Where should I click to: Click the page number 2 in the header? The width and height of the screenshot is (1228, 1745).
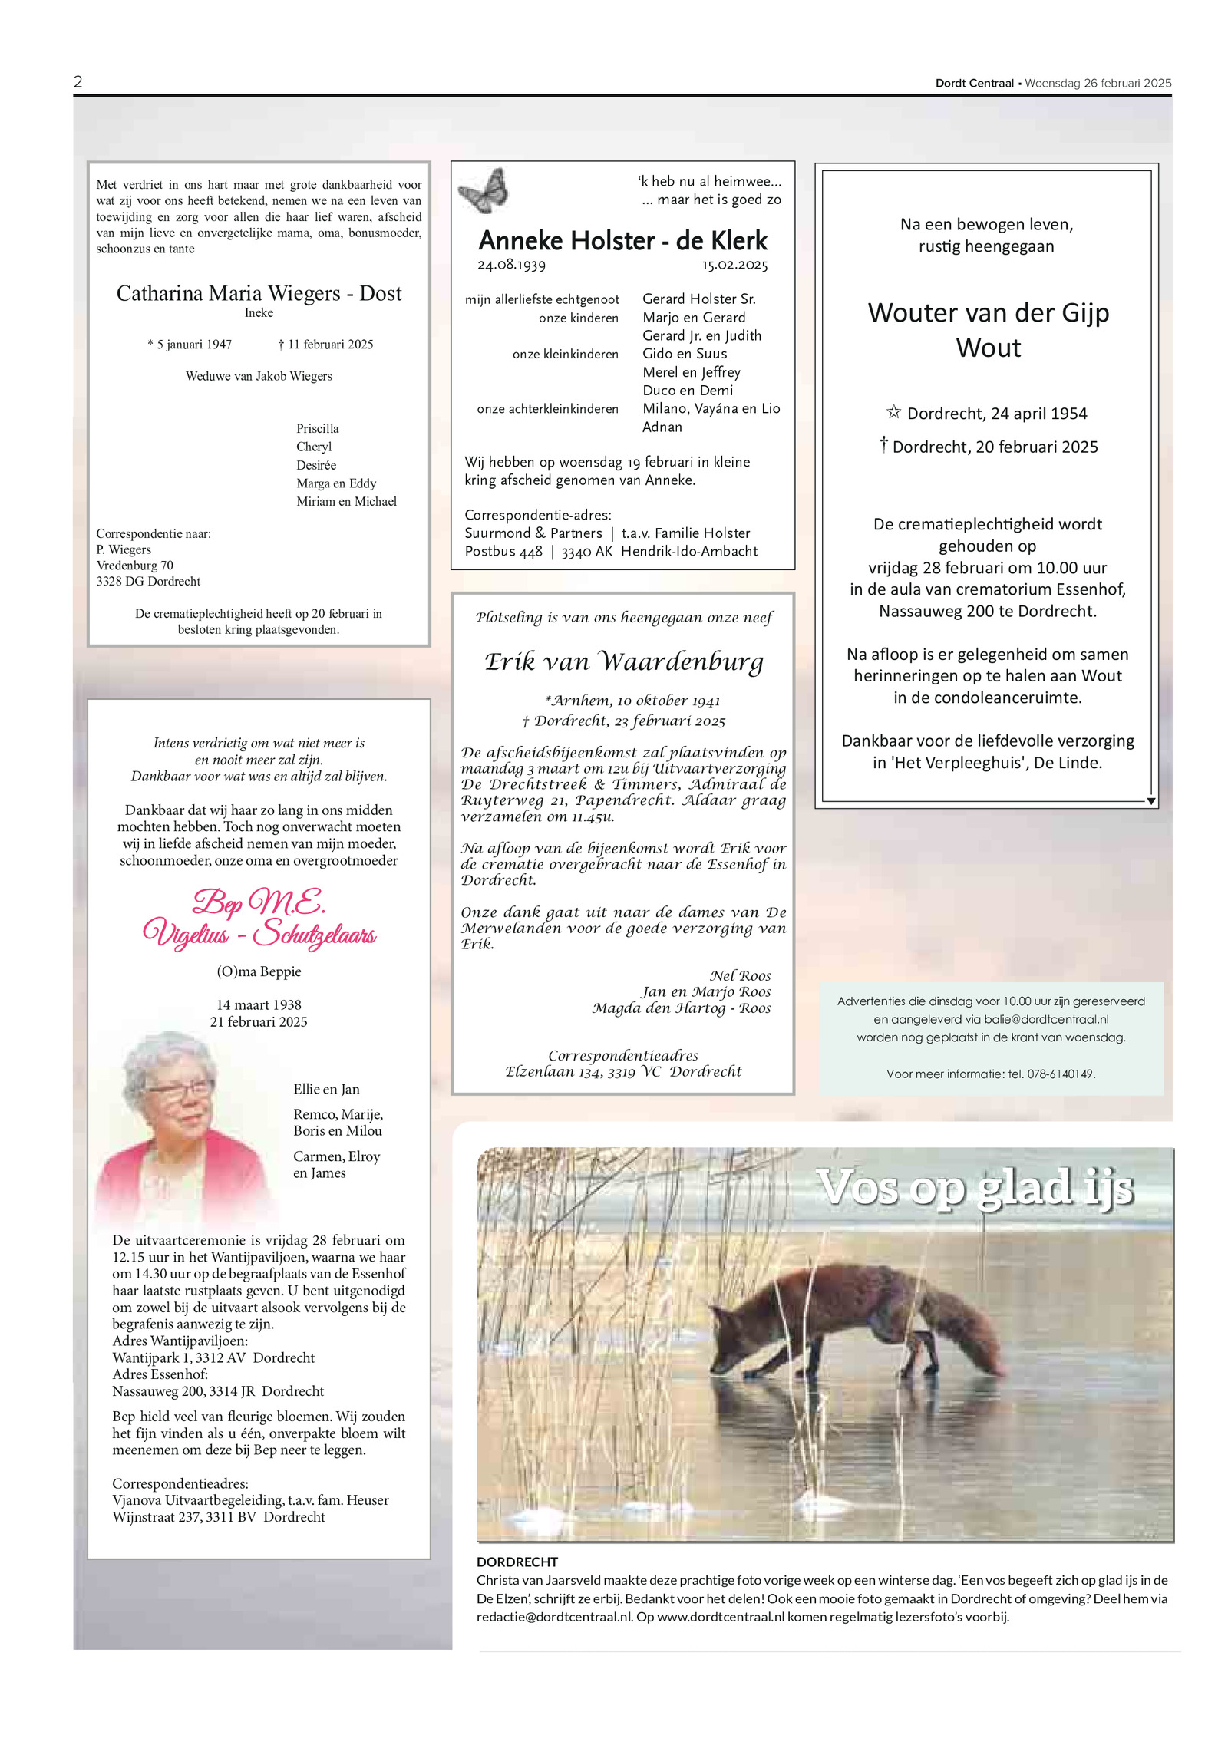[x=78, y=82]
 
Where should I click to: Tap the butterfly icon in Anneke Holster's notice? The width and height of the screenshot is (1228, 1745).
[x=484, y=190]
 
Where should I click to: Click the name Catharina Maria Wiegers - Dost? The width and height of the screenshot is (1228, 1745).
[x=259, y=293]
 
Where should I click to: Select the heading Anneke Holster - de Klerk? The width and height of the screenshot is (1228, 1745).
[x=622, y=241]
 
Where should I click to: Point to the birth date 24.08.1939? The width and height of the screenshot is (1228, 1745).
[x=511, y=266]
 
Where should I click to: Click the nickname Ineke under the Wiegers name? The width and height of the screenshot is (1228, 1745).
[x=259, y=313]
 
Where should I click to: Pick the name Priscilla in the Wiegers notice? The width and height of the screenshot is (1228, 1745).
[x=317, y=428]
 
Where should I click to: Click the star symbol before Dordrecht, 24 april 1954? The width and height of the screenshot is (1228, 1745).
[x=893, y=412]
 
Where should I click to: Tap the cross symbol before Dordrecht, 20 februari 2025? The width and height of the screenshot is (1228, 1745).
[x=884, y=444]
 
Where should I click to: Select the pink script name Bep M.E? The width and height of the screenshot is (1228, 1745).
[x=259, y=902]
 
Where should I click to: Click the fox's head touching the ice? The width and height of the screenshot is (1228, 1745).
[x=730, y=1350]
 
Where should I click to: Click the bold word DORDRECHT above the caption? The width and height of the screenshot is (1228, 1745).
[x=517, y=1562]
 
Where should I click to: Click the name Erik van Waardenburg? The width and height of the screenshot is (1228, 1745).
[x=623, y=661]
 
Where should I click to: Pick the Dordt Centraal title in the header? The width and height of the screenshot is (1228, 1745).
[x=974, y=83]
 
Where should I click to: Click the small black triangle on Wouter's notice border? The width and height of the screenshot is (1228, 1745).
[x=1151, y=801]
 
